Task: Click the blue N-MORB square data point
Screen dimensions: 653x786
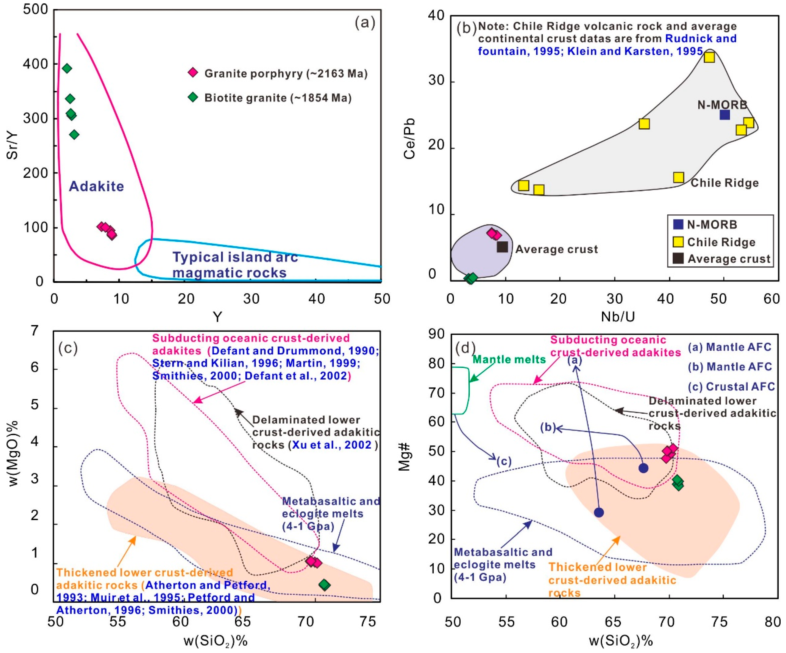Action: coord(725,115)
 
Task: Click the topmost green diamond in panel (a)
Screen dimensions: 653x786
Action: coord(67,68)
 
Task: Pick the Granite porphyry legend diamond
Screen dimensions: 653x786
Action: coord(193,73)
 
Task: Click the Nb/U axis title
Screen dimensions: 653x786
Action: coord(617,317)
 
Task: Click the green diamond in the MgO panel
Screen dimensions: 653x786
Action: coord(325,585)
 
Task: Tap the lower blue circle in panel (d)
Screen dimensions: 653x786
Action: coord(599,512)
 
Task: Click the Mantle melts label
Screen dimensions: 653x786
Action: coord(509,359)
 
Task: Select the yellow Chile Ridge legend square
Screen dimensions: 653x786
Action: coord(678,242)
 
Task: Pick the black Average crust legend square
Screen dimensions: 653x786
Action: coord(678,258)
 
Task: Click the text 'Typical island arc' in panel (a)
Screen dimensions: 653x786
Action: coord(235,257)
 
